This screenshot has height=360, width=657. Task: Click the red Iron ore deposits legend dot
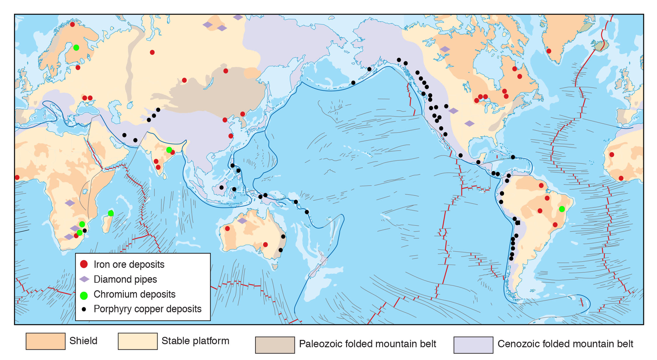(x=84, y=264)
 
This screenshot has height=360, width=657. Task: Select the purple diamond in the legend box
(x=84, y=279)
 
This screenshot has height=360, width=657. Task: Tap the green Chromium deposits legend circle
(x=84, y=295)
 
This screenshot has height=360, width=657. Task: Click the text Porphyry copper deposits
(x=147, y=309)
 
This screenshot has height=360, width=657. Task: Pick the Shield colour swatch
(x=45, y=341)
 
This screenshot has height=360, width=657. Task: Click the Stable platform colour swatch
(x=138, y=341)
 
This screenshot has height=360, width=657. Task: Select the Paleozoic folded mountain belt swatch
(x=275, y=345)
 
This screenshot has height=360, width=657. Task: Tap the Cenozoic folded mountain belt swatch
(x=473, y=345)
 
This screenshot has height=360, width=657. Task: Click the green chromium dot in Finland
(x=76, y=48)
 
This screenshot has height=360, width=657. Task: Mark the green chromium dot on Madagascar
(x=111, y=213)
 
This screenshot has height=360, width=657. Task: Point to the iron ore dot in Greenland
(x=549, y=51)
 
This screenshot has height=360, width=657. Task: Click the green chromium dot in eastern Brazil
(x=562, y=209)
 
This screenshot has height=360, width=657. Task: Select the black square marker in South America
(x=518, y=223)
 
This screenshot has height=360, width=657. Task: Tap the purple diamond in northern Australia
(x=242, y=221)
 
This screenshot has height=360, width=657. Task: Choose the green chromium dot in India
(x=169, y=150)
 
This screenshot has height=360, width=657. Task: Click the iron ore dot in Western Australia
(x=227, y=228)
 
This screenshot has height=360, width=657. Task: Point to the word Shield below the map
(x=83, y=341)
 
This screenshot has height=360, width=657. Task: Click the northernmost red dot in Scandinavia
(x=72, y=25)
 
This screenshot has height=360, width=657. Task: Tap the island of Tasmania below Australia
(x=275, y=266)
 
